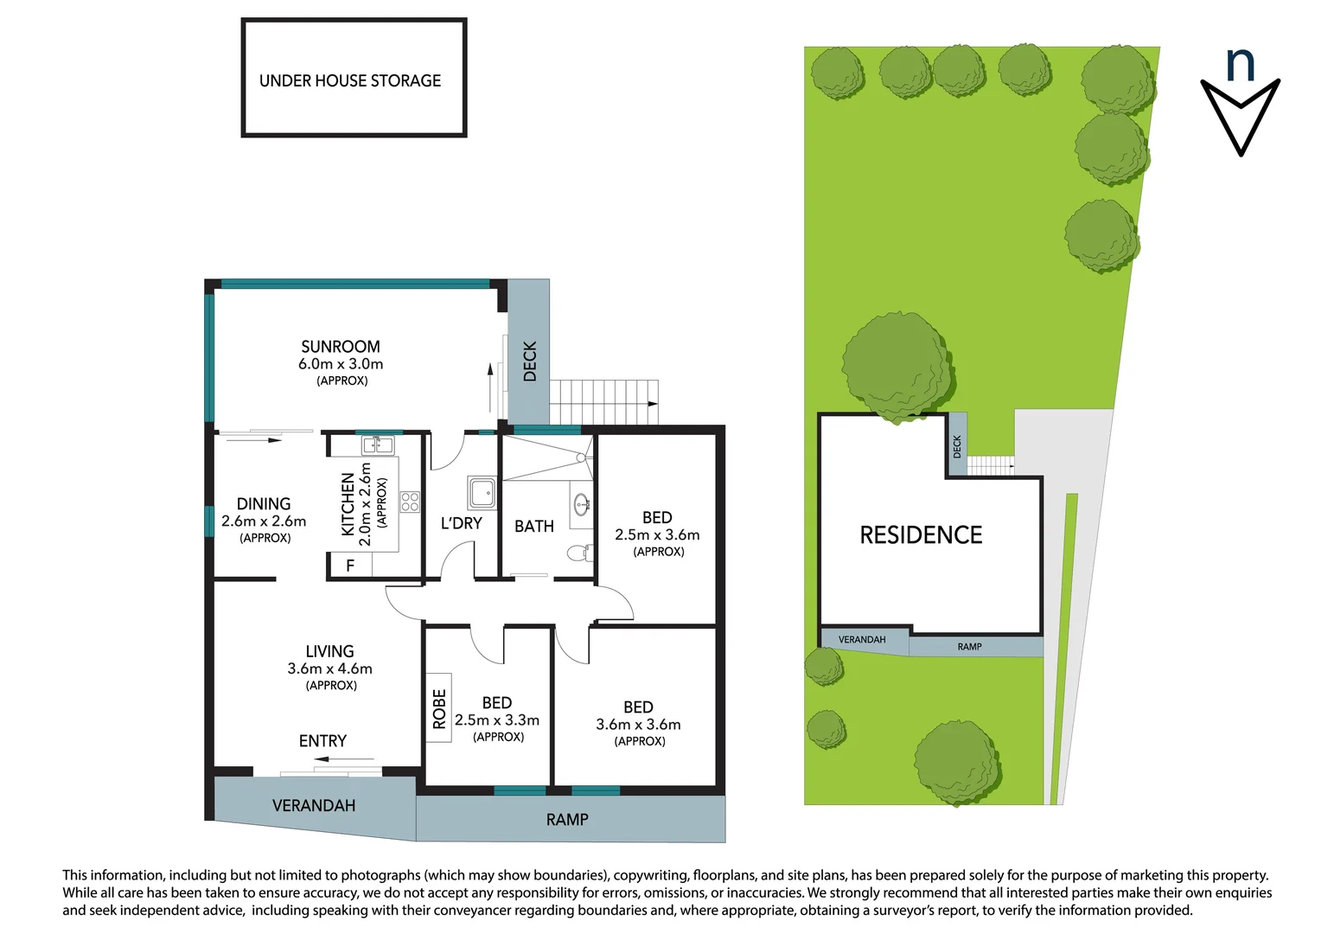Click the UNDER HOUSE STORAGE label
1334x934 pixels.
pos(350,80)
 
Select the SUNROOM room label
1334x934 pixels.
pos(341,346)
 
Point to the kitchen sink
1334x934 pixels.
pos(378,445)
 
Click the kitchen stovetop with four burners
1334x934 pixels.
pos(410,502)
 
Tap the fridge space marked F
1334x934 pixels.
pos(350,566)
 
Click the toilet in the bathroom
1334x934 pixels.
pos(579,552)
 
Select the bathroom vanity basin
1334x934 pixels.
pos(582,502)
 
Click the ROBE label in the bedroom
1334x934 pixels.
pos(439,707)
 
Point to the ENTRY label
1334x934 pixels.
pos(322,741)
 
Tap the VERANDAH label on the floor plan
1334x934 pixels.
pos(314,806)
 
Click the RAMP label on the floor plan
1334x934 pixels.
pos(567,820)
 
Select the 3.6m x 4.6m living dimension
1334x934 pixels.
pos(329,669)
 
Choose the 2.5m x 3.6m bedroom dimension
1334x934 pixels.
pos(657,535)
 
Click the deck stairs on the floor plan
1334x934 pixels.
pos(603,402)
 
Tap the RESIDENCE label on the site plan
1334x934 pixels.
pos(921,535)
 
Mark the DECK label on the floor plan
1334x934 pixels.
pos(530,361)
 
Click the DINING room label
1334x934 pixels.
pos(264,503)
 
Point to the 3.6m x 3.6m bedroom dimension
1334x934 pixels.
pos(638,725)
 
